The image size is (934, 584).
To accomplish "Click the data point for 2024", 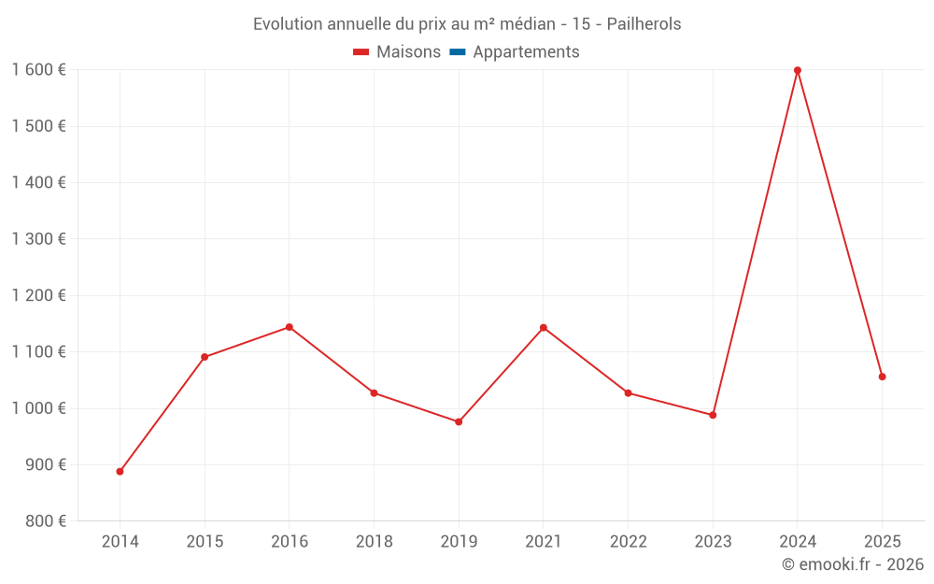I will coord(798,70).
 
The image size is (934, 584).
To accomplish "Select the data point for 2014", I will coord(120,472).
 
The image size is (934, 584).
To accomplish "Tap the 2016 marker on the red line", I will coord(290,327).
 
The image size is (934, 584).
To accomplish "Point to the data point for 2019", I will coord(459,421).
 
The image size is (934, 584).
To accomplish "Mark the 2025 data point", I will coord(882,377).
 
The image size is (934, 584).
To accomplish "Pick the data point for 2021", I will coord(544,328).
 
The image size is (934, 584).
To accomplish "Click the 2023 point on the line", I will coord(713,415).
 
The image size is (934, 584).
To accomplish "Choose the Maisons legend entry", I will coord(408,52).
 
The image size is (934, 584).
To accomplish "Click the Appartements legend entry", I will coord(526,52).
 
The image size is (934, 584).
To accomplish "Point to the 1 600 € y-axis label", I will coord(38,70).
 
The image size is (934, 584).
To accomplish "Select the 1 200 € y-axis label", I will coord(38,295).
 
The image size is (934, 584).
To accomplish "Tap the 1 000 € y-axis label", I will coord(38,408).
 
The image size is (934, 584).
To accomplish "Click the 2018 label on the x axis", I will coord(374,541).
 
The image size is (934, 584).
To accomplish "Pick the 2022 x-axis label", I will coord(628,541).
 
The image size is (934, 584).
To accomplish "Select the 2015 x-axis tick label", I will coord(205,541).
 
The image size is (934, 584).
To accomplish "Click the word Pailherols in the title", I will coord(644,24).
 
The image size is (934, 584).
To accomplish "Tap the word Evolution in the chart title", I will coord(287,24).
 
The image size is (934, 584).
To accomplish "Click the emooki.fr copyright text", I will coord(853,564).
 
